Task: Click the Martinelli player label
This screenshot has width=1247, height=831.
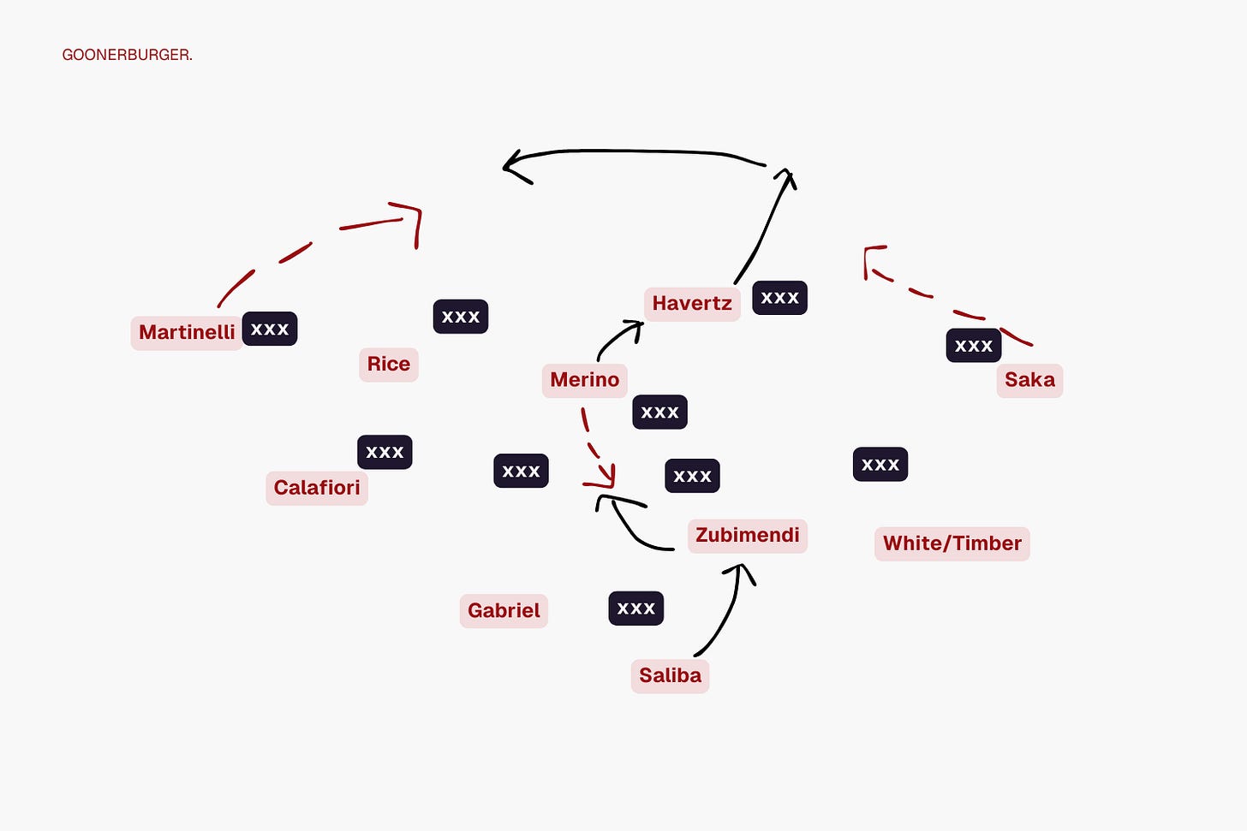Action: pos(187,332)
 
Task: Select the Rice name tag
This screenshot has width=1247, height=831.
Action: pos(389,364)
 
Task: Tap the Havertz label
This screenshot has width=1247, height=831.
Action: pos(692,304)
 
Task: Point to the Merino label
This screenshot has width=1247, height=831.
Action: pos(585,380)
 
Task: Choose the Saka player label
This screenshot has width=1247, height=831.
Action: pos(1029,380)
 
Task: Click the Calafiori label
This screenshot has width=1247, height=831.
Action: pos(317,488)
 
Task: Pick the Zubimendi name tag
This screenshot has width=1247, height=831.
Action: pos(747,536)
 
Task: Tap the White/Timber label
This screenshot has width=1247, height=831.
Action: pos(952,543)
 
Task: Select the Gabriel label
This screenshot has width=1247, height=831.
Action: pos(504,611)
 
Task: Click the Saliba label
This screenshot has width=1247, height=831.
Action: pos(670,675)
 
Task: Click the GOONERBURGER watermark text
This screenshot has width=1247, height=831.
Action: pos(127,55)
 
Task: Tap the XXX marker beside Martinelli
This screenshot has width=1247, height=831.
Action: pos(270,329)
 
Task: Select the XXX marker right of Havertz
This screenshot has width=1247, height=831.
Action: pos(779,298)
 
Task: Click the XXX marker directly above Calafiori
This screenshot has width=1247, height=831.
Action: pos(385,452)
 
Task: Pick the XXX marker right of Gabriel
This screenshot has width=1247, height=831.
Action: pos(635,608)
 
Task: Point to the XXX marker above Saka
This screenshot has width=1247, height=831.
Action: pos(974,346)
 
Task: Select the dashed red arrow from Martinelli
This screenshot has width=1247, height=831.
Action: pos(295,252)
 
